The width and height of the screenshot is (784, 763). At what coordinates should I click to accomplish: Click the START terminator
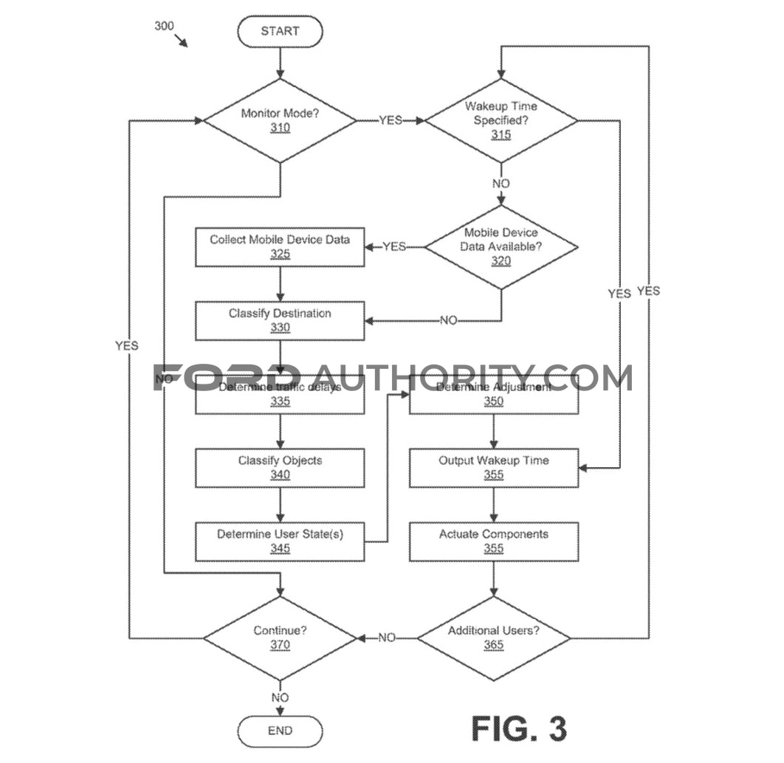coord(280,31)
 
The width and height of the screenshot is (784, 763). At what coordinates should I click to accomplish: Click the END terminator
coord(280,731)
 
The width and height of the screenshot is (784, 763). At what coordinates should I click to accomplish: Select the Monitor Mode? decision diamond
coord(280,120)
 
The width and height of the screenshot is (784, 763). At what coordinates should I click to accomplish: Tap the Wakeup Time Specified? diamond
coord(501,120)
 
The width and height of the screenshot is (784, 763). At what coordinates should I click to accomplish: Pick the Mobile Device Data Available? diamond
coord(501,246)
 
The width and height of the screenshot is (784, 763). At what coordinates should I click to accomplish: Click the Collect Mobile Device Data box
coord(280,246)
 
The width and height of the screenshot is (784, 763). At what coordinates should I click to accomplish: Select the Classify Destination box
coord(280,320)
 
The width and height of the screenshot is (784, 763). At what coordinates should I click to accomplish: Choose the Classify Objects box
coord(280,468)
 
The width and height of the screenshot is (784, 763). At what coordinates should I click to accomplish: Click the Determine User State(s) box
coord(280,542)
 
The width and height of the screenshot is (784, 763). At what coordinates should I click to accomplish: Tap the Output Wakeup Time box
coord(494,468)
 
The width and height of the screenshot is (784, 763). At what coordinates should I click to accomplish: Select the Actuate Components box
coord(494,542)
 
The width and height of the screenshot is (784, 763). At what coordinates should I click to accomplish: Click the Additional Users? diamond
coord(494,638)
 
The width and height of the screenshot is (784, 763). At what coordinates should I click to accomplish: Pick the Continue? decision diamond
coord(280,638)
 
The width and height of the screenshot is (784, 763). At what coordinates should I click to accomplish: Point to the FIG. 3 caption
coord(519,728)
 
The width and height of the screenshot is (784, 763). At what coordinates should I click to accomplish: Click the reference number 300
coord(164,26)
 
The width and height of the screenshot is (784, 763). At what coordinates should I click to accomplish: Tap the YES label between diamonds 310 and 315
coord(391,120)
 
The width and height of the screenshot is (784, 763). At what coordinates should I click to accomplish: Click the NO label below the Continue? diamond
coord(280,697)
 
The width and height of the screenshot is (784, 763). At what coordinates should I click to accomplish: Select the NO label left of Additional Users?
coord(387,638)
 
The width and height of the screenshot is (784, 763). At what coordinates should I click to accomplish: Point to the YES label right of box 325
coord(394,246)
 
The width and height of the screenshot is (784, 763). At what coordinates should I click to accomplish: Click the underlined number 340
coord(280,474)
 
